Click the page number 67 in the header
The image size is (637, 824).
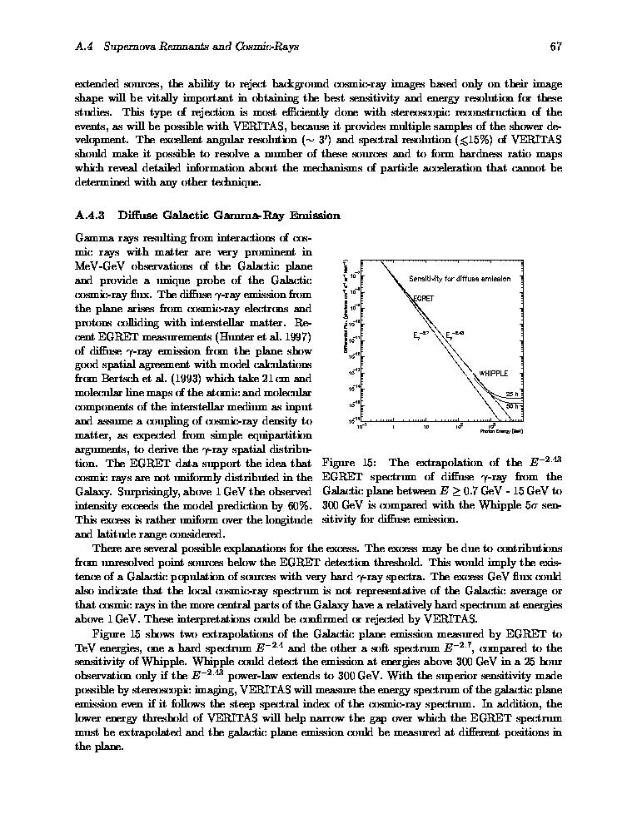(x=555, y=47)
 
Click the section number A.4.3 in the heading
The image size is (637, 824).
(x=89, y=216)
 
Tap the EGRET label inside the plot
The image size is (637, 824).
(x=424, y=297)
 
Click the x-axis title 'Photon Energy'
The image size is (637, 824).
(x=501, y=432)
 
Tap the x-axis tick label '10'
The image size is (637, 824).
(x=425, y=426)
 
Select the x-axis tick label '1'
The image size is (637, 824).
(x=392, y=426)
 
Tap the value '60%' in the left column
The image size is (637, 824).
(x=299, y=505)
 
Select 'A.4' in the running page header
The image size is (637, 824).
(x=82, y=47)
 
